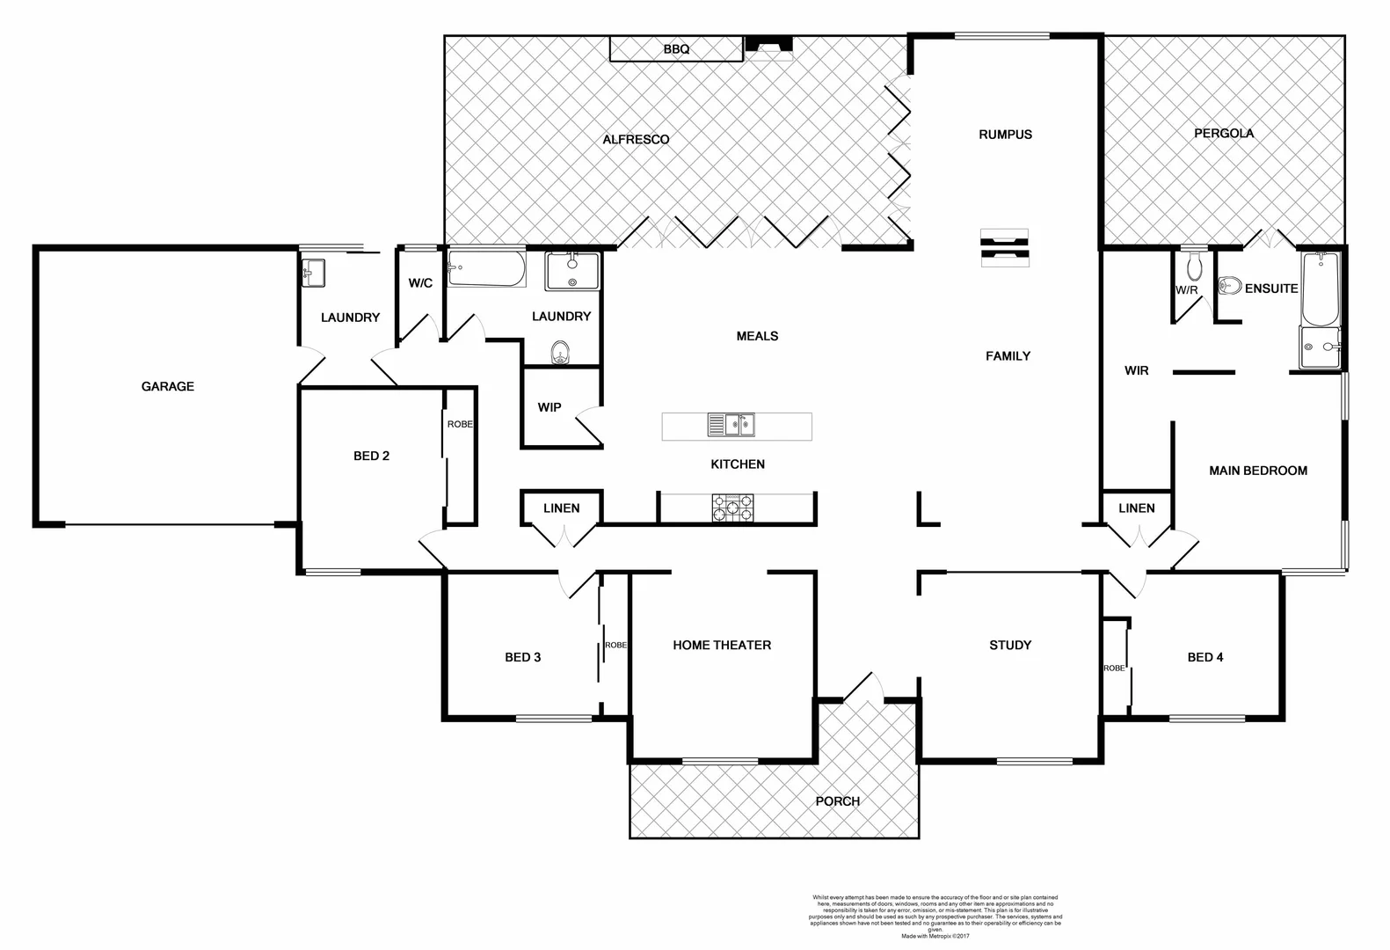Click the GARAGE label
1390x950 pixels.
click(167, 386)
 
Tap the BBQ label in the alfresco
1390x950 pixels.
click(676, 50)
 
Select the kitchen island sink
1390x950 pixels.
click(731, 426)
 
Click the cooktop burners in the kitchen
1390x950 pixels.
click(732, 508)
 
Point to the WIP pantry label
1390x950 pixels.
click(549, 407)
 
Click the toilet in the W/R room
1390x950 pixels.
click(1193, 266)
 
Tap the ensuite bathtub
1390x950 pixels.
click(1321, 289)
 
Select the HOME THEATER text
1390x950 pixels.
click(722, 645)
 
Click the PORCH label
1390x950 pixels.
click(837, 801)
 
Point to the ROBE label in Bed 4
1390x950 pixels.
click(1114, 669)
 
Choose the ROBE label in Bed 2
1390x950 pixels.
click(460, 424)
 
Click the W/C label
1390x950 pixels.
click(420, 283)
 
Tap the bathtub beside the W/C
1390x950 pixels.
click(486, 269)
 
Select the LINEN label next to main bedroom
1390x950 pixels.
click(1136, 508)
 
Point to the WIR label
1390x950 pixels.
click(1136, 371)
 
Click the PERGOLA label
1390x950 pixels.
click(1223, 134)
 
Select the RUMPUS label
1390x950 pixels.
click(1005, 135)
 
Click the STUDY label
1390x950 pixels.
click(1009, 645)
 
